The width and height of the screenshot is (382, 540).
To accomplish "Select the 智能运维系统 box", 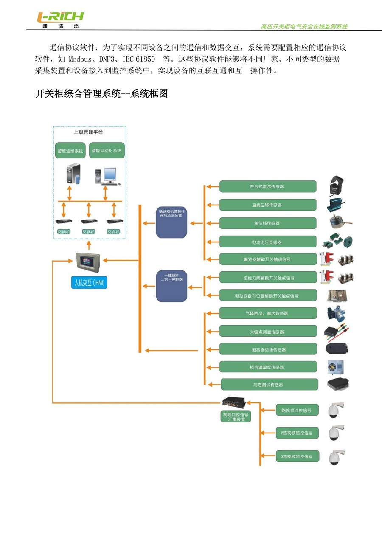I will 70,151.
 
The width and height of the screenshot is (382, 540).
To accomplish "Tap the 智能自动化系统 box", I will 107,151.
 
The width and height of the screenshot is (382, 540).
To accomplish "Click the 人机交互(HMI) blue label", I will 89,283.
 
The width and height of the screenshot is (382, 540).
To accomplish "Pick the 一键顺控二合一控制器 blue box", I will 171,286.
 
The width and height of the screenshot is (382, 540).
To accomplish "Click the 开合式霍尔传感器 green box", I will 267,186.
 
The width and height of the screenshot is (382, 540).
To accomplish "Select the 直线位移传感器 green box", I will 267,205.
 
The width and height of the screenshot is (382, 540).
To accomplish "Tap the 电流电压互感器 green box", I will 267,242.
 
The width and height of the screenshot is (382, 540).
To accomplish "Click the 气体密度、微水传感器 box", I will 267,313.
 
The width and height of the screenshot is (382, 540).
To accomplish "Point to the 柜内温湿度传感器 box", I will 267,367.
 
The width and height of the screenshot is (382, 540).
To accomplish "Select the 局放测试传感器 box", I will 269,385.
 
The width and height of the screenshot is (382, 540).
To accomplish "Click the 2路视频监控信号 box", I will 297,433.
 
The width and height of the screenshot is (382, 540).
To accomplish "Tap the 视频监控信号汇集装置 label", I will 236,416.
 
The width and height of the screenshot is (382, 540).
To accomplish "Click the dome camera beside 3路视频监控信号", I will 335,457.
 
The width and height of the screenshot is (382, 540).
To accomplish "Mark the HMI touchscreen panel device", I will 88,262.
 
